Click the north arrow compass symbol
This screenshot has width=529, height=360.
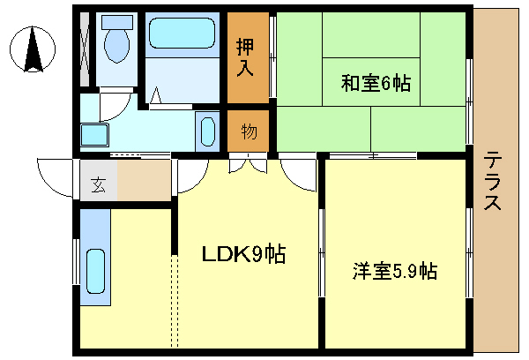click(34, 49)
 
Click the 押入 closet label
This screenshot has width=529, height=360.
click(248, 58)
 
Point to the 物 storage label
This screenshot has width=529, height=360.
click(249, 131)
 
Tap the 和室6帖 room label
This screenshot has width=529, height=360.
click(376, 83)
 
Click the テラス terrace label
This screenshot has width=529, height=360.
click(494, 181)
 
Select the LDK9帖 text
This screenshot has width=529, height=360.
click(243, 255)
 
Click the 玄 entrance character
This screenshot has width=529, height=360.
click(98, 185)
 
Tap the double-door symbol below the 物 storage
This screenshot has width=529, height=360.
click(248, 164)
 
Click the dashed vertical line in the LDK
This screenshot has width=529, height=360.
click(175, 300)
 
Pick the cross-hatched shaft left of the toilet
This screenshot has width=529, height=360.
click(86, 49)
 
